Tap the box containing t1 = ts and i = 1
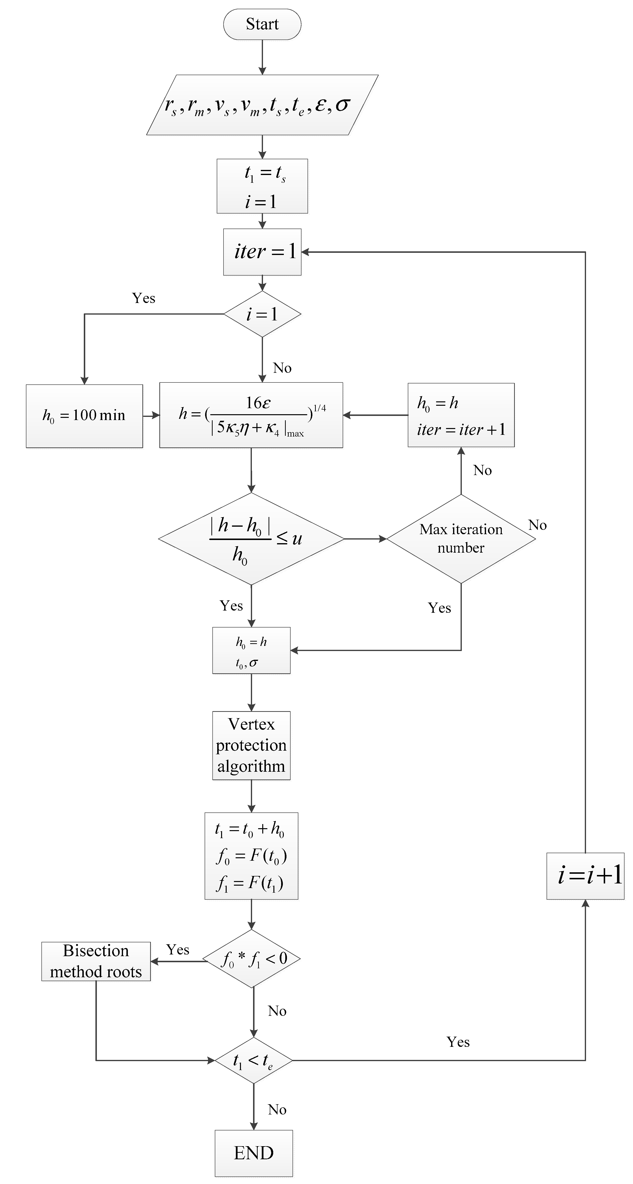pyautogui.click(x=262, y=186)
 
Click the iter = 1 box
pyautogui.click(x=262, y=252)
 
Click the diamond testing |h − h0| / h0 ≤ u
pyautogui.click(x=251, y=539)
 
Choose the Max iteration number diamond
pyautogui.click(x=461, y=539)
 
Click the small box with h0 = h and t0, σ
pyautogui.click(x=251, y=650)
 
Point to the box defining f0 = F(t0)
pyautogui.click(x=251, y=856)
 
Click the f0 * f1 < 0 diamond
pyautogui.click(x=252, y=959)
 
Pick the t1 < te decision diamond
pyautogui.click(x=253, y=1060)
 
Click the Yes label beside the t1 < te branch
pyautogui.click(x=458, y=1042)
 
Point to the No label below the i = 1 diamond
pyautogui.click(x=282, y=368)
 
